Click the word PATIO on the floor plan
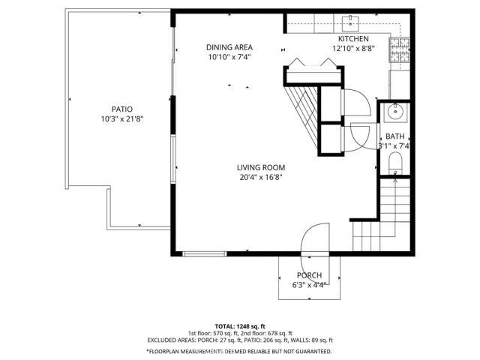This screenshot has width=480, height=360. click(117, 109)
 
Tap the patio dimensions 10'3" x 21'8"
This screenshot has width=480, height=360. click(117, 119)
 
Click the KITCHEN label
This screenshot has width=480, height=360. click(353, 39)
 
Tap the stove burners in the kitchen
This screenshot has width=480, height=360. click(397, 49)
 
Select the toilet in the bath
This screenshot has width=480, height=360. click(397, 163)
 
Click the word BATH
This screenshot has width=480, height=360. click(394, 136)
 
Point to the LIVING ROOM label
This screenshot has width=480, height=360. click(261, 167)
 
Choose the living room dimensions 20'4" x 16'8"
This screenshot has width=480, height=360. click(261, 178)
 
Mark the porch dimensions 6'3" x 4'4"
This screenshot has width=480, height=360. click(309, 286)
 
